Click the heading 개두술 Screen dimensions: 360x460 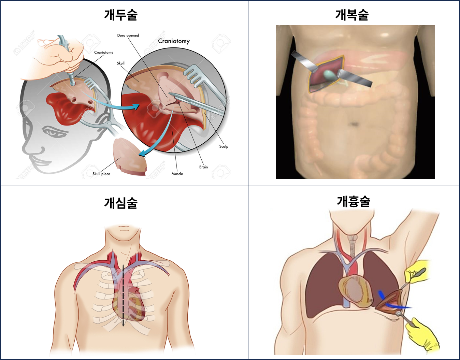pyautogui.click(x=121, y=15)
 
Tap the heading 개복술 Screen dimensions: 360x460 pyautogui.click(x=352, y=15)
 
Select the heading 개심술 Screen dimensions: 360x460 pyautogui.click(x=121, y=203)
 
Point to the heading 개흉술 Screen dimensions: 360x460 pyautogui.click(x=354, y=201)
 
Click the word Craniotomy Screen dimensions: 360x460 pyautogui.click(x=174, y=41)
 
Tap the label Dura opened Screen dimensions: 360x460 pyautogui.click(x=128, y=35)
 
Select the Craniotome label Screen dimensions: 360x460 pyautogui.click(x=104, y=52)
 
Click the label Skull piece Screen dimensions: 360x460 pyautogui.click(x=101, y=174)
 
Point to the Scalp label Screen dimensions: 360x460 pyautogui.click(x=224, y=146)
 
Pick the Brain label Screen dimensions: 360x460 pyautogui.click(x=203, y=167)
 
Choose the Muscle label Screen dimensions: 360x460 pyautogui.click(x=177, y=174)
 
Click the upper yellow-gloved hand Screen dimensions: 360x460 pyautogui.click(x=417, y=272)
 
